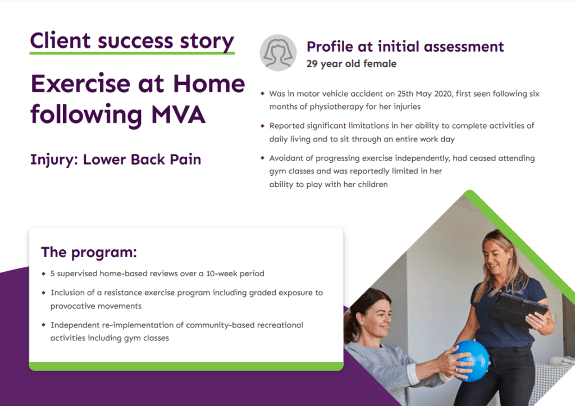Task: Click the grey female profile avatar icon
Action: [277, 52]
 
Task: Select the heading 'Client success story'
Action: [132, 41]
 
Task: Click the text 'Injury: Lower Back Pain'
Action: [115, 159]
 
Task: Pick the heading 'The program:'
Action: [89, 252]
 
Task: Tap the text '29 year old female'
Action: [351, 63]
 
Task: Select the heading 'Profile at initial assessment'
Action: [405, 47]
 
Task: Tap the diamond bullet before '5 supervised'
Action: [44, 274]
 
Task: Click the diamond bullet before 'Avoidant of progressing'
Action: [262, 158]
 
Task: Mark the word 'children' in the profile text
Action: [370, 184]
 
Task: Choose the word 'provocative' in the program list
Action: [73, 306]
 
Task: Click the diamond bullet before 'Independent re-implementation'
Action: [44, 325]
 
